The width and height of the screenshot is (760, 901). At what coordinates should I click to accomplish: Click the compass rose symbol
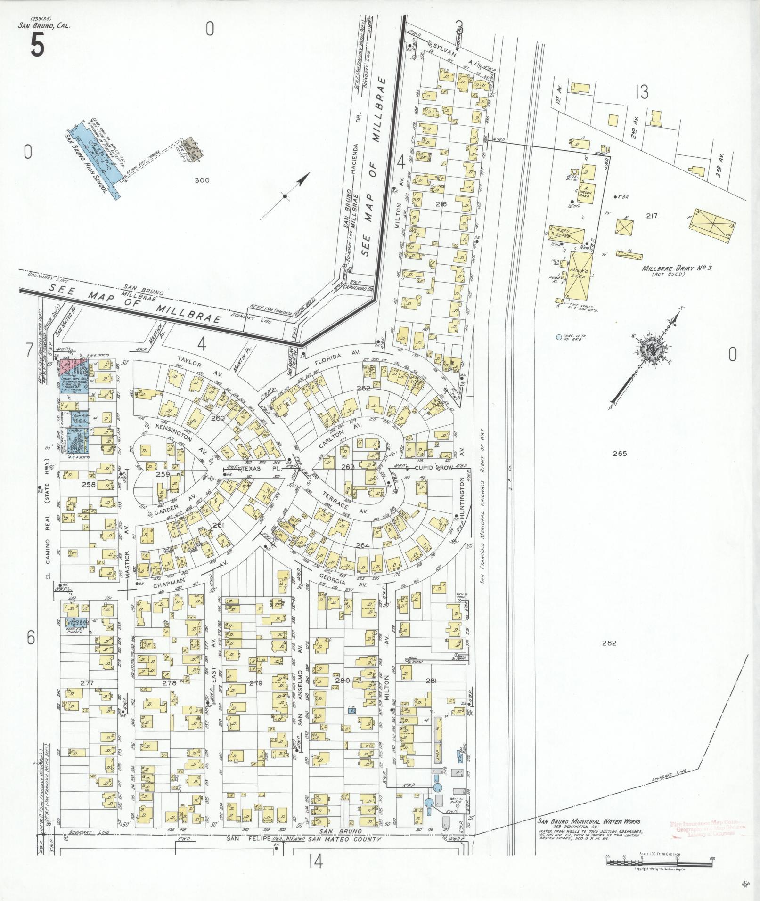click(x=653, y=349)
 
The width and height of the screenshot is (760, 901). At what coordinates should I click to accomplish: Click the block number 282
click(x=609, y=643)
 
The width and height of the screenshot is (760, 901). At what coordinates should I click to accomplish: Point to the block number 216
click(x=441, y=204)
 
